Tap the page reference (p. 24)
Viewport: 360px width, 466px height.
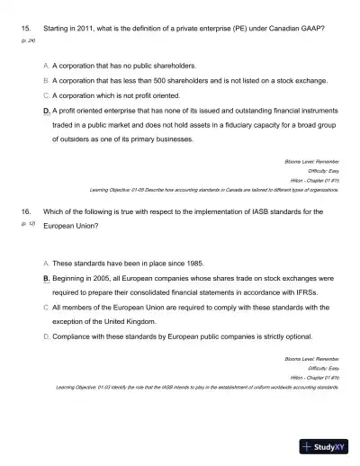(x=27, y=41)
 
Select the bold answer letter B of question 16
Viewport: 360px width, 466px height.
(x=46, y=279)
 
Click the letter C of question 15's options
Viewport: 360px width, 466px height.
(x=46, y=94)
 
